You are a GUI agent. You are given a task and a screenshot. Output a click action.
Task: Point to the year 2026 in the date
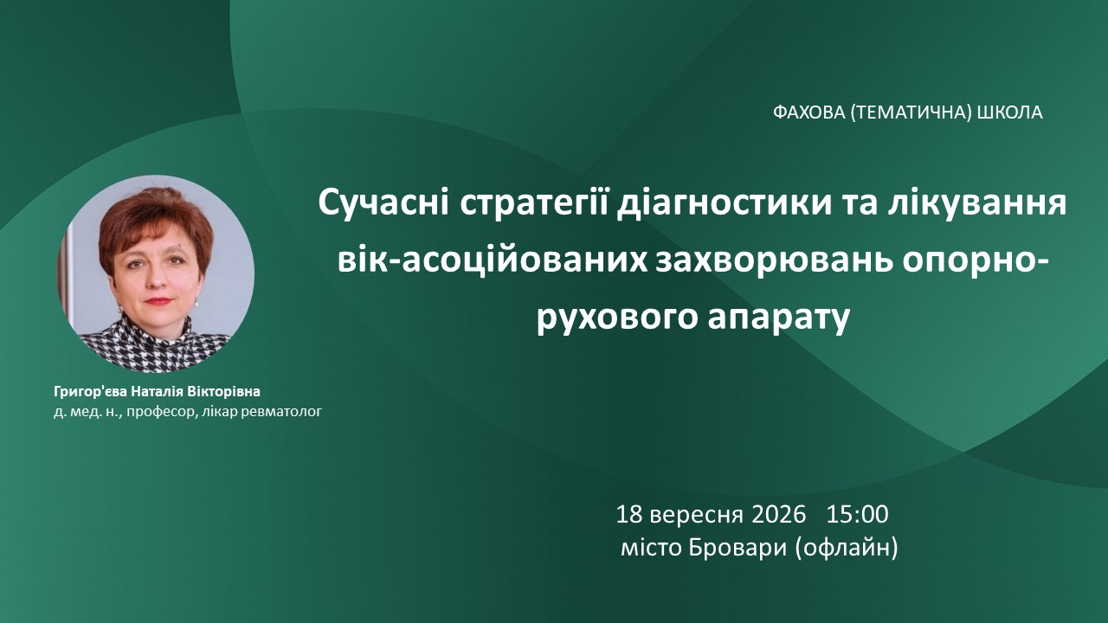tap(779, 515)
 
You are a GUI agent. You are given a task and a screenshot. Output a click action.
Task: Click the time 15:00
tap(858, 515)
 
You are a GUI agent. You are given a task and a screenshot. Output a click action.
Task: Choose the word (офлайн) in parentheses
tap(847, 549)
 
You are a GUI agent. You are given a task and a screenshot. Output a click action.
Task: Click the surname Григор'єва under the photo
tap(90, 392)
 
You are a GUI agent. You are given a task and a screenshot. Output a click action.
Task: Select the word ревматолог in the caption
tap(281, 411)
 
